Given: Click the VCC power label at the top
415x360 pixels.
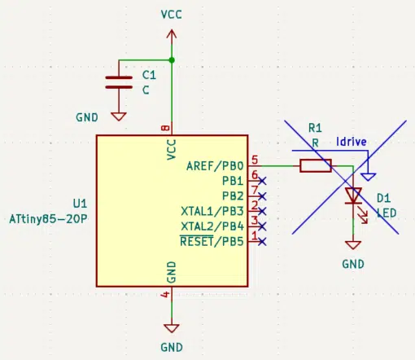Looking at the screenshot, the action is (x=171, y=15).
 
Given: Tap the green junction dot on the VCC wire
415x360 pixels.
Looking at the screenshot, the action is (x=172, y=60).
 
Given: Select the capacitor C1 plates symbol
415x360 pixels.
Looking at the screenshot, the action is (x=119, y=82).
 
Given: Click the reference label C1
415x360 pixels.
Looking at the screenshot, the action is (x=149, y=75).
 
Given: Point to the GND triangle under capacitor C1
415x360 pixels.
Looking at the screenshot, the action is (x=119, y=116).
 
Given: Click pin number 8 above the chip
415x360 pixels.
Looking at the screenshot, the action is (x=165, y=128).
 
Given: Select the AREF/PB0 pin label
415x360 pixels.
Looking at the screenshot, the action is (x=215, y=166).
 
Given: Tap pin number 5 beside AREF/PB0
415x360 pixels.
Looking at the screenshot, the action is (x=255, y=160).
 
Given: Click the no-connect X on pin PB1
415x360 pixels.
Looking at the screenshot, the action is (x=262, y=181).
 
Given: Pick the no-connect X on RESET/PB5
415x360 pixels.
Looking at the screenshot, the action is (x=262, y=241).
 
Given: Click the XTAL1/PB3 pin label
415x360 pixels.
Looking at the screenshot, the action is (x=212, y=211).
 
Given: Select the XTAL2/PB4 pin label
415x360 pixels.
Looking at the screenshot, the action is (x=212, y=226).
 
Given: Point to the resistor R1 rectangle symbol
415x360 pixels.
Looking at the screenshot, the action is (x=316, y=165).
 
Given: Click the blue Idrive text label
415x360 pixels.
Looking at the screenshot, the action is (x=352, y=142).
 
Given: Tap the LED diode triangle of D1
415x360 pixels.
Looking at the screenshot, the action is (x=353, y=195).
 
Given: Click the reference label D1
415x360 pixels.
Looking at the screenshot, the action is (x=384, y=198).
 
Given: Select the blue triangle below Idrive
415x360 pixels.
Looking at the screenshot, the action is (x=368, y=177).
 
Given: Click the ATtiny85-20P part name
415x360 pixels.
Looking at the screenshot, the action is (x=48, y=219).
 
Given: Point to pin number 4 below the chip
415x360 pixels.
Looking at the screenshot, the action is (x=165, y=294).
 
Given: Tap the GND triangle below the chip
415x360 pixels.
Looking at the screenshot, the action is (x=172, y=328).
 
